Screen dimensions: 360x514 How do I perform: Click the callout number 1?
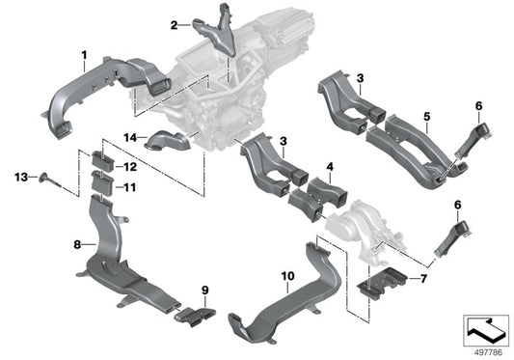[83, 53]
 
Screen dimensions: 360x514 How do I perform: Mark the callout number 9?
[204, 290]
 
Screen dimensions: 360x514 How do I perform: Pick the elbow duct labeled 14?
[173, 144]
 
